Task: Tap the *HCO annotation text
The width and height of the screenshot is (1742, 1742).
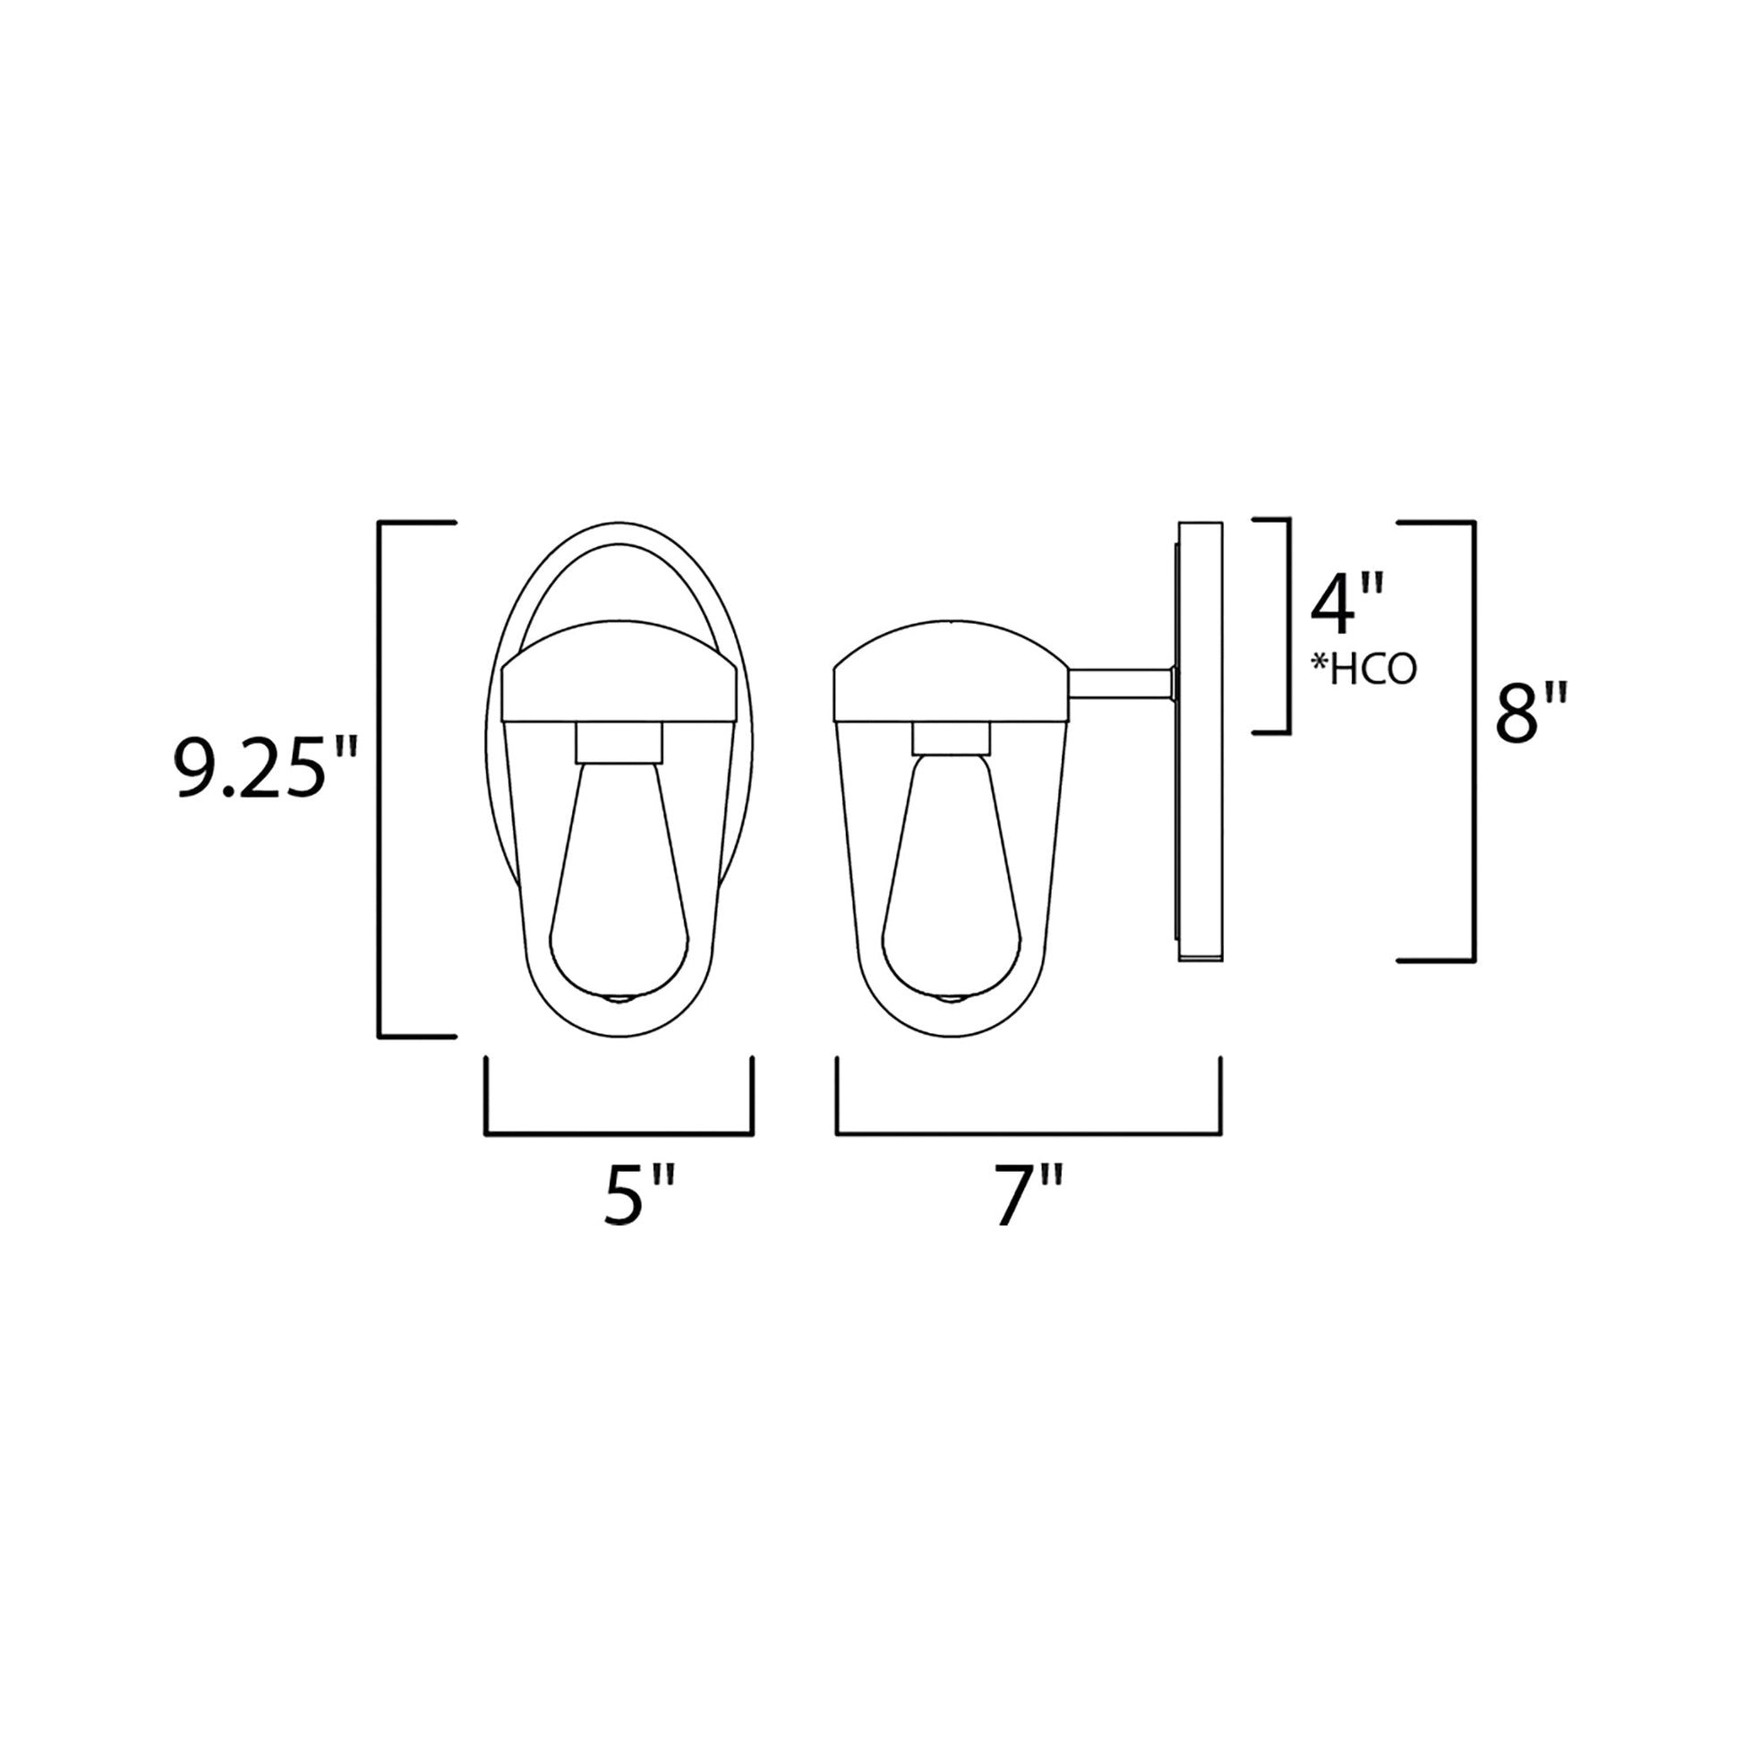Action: (x=1362, y=670)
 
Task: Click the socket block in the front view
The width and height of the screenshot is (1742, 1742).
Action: (x=619, y=742)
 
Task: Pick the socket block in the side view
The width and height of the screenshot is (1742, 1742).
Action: (x=951, y=740)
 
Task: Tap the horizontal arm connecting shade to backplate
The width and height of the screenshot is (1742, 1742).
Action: (x=1119, y=682)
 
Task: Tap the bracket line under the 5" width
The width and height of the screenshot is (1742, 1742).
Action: (x=619, y=1134)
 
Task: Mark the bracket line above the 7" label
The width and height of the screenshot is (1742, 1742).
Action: (x=1028, y=1133)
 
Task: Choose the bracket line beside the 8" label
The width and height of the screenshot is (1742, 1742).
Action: (x=1473, y=741)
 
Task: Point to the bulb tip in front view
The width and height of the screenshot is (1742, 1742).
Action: (x=620, y=998)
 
